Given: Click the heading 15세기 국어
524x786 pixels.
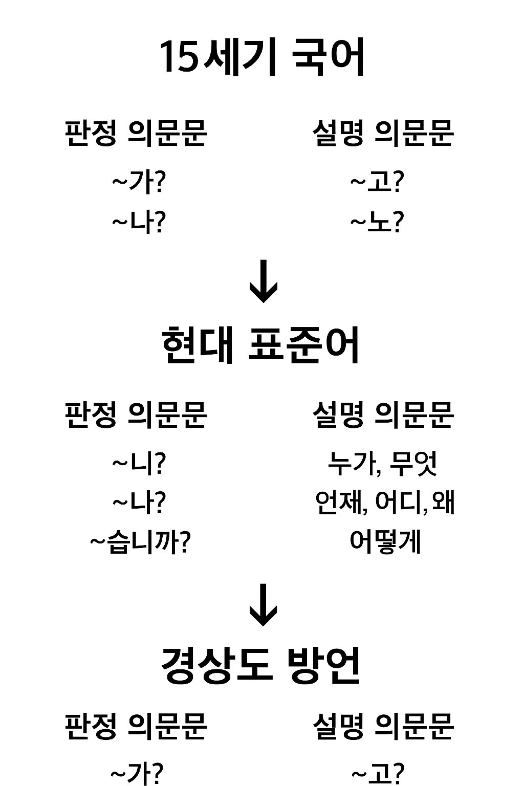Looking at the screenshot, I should tap(262, 57).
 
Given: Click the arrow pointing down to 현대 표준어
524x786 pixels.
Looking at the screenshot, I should tap(263, 282).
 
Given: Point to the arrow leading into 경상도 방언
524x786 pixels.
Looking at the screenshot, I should tap(263, 605).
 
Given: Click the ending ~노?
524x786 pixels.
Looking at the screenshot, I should tap(377, 223).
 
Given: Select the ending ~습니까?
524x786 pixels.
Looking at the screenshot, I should tap(140, 542).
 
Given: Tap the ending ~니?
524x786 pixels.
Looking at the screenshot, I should tap(139, 463).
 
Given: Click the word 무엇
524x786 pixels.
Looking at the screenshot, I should tap(413, 464).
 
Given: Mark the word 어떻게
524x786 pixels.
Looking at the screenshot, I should tap(385, 542).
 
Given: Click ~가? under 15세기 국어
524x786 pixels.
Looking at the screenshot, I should tap(139, 182).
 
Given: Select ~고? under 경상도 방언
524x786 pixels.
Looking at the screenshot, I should tap(378, 773).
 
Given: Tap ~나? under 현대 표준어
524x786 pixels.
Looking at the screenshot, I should tap(139, 503).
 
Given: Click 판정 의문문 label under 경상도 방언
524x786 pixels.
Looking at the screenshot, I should tap(136, 726).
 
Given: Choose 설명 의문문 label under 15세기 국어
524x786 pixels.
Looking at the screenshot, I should tap(383, 134).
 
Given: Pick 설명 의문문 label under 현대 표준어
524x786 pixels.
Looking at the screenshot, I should tap(383, 414).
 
